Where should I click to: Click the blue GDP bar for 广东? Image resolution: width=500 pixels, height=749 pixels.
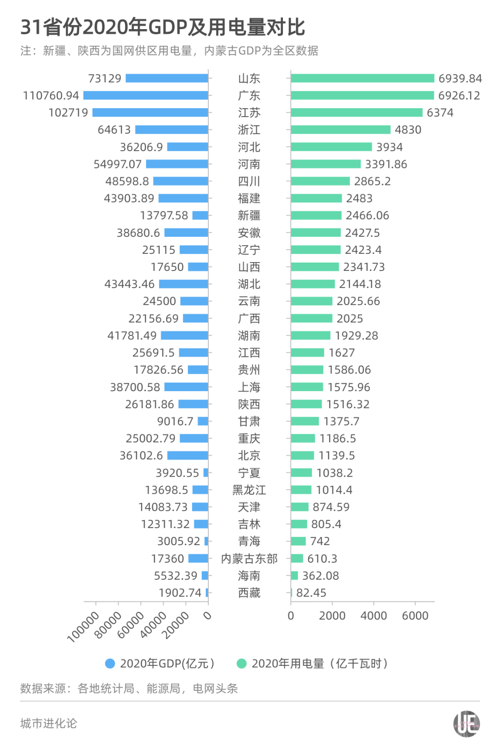click(x=145, y=96)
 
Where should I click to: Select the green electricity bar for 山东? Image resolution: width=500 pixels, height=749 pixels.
click(x=362, y=79)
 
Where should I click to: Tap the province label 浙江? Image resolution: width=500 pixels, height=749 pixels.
click(x=249, y=130)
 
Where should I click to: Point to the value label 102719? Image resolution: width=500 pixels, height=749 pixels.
click(x=68, y=113)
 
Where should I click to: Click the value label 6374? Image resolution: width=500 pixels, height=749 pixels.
click(x=440, y=113)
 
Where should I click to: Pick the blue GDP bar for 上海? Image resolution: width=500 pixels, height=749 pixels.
click(x=186, y=387)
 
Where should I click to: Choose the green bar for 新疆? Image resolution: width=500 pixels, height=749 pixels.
click(x=316, y=215)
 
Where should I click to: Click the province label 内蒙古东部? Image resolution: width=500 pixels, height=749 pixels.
click(x=249, y=559)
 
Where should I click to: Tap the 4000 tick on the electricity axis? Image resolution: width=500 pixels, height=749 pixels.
click(x=374, y=616)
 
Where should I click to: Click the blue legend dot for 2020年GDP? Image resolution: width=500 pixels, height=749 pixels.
click(x=110, y=663)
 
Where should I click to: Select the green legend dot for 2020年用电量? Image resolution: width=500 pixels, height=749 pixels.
click(x=241, y=663)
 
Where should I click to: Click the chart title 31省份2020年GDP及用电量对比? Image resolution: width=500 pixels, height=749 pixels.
click(x=162, y=27)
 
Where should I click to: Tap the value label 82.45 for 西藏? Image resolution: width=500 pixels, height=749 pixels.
click(x=311, y=593)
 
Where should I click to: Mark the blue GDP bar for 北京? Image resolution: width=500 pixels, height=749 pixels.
click(x=187, y=455)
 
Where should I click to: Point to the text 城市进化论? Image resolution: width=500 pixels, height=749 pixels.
click(x=49, y=724)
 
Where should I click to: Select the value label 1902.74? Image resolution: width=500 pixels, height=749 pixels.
click(x=180, y=593)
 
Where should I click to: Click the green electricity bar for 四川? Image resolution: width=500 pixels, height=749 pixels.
click(x=320, y=181)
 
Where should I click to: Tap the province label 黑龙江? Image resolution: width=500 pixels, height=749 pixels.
click(x=249, y=490)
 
